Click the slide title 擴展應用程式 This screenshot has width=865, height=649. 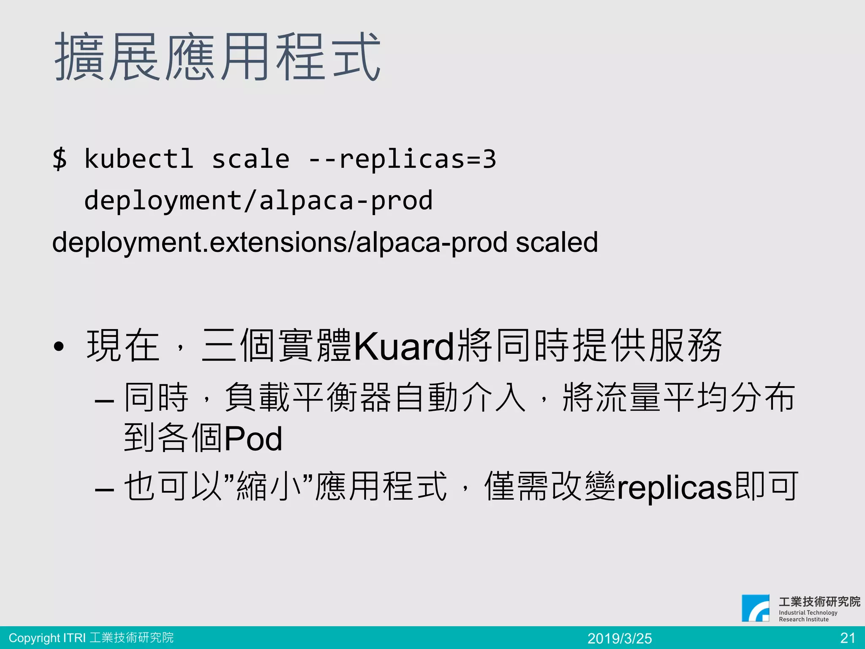point(218,57)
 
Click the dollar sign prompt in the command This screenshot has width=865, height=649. point(60,159)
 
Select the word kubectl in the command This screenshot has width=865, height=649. point(139,159)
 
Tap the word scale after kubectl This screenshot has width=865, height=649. point(250,159)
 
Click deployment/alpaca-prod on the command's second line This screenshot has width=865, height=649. point(258,201)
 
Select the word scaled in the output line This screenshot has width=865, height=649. point(557,243)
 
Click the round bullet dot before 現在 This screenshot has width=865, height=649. point(59,347)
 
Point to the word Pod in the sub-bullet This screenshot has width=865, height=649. point(253,439)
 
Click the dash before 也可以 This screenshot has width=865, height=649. point(104,489)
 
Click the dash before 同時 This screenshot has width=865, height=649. point(104,400)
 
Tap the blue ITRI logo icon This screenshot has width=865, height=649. point(755,608)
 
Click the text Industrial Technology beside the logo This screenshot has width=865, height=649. point(808,612)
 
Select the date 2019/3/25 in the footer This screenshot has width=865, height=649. point(620,638)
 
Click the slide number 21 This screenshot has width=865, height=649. point(848,638)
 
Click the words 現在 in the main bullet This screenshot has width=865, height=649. point(123,346)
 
